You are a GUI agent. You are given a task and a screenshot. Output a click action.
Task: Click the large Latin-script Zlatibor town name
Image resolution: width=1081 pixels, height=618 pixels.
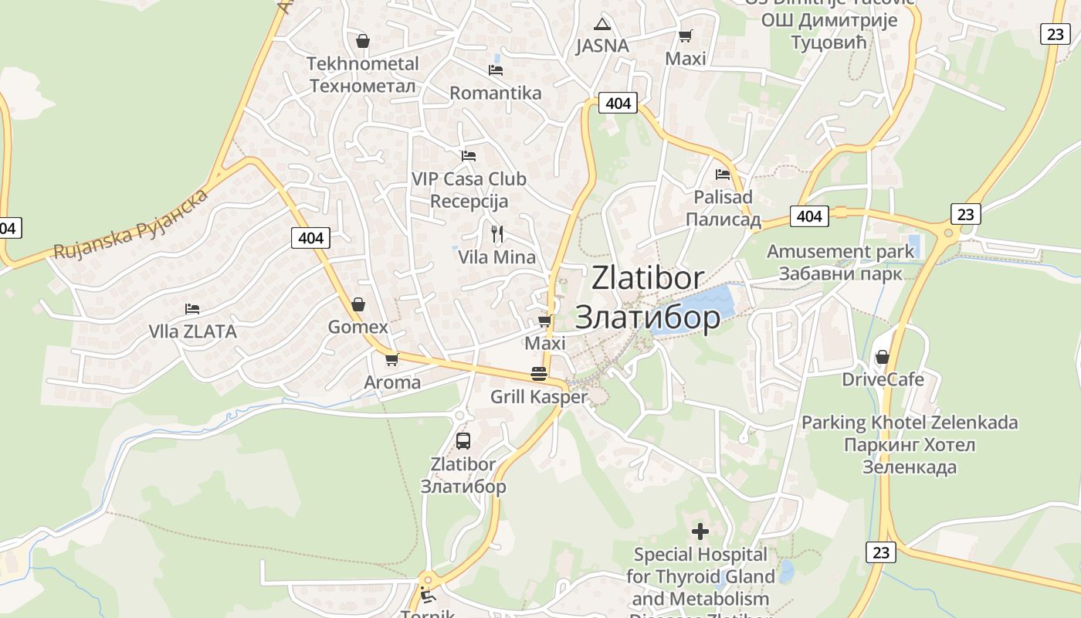pyautogui.click(x=648, y=278)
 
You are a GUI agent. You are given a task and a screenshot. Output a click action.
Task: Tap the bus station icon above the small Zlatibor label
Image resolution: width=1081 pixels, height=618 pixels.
pyautogui.click(x=463, y=441)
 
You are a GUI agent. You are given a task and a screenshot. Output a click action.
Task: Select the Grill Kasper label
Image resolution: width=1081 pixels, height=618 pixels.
pyautogui.click(x=539, y=397)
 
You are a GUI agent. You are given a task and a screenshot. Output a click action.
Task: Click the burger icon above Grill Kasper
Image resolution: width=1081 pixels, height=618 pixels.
pyautogui.click(x=539, y=374)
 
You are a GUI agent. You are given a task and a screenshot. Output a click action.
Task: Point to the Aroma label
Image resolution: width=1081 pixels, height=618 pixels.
pyautogui.click(x=392, y=382)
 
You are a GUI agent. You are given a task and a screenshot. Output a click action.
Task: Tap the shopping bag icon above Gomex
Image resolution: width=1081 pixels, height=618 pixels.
pyautogui.click(x=358, y=304)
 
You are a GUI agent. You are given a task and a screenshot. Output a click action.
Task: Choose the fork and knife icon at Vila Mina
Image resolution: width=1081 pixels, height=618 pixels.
pyautogui.click(x=497, y=233)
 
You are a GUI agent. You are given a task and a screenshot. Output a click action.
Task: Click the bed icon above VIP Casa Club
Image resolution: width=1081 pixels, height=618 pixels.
pyautogui.click(x=469, y=156)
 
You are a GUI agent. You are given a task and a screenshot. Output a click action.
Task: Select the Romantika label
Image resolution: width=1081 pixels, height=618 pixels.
pyautogui.click(x=496, y=93)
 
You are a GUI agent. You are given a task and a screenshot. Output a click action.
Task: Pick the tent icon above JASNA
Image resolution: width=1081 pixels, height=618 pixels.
pyautogui.click(x=602, y=24)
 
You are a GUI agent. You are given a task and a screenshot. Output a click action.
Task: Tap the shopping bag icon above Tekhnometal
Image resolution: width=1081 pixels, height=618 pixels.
pyautogui.click(x=363, y=41)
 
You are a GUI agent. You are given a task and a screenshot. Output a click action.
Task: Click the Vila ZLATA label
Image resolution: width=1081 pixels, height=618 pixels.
pyautogui.click(x=192, y=331)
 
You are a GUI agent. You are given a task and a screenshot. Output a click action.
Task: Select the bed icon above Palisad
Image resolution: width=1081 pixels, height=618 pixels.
pyautogui.click(x=723, y=174)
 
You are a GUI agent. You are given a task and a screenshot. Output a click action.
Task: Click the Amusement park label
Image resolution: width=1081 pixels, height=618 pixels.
pyautogui.click(x=840, y=252)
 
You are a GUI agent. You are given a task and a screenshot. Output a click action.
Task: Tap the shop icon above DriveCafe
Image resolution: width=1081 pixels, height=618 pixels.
pyautogui.click(x=883, y=357)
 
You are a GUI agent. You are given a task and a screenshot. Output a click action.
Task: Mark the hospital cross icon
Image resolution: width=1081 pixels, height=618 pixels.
pyautogui.click(x=700, y=531)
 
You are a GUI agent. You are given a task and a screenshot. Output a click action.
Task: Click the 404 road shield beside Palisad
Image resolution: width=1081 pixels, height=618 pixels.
pyautogui.click(x=809, y=216)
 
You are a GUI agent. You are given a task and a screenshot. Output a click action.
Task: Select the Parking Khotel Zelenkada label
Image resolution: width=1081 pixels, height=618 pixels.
pyautogui.click(x=910, y=423)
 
